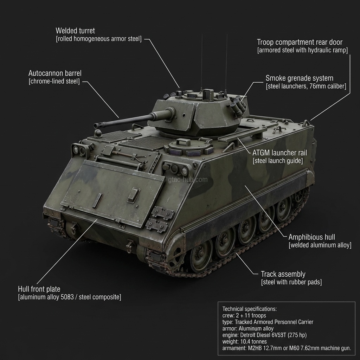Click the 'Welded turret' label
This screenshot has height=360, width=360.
(75, 31)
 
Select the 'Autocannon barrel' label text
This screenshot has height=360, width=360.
(55, 73)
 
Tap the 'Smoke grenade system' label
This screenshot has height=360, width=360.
(299, 78)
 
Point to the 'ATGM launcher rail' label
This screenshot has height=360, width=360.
(279, 153)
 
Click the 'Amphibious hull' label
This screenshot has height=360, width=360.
(311, 237)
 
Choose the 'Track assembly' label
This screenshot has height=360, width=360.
(283, 274)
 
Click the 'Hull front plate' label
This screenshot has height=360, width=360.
(39, 289)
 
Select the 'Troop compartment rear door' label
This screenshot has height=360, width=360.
(300, 42)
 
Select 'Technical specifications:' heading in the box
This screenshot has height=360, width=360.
(250, 309)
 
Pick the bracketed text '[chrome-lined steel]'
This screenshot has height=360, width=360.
(54, 82)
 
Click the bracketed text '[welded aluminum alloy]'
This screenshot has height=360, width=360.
(320, 245)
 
